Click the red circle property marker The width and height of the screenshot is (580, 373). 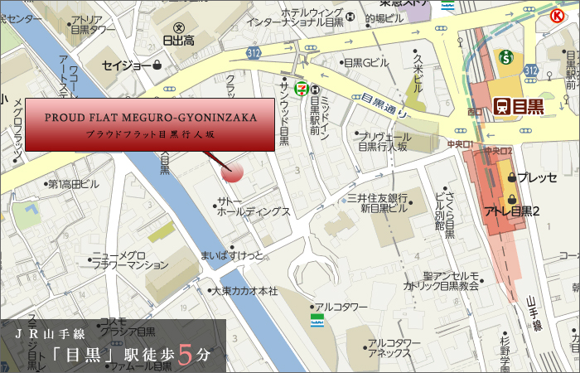tap(233, 172)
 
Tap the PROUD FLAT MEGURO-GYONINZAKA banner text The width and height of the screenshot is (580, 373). tap(151, 118)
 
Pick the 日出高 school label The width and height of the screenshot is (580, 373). tap(178, 39)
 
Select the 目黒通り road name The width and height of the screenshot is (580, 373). tap(382, 104)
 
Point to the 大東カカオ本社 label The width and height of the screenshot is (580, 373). tap(244, 291)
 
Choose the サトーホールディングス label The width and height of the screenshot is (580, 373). tap(253, 206)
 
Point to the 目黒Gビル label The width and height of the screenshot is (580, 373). tap(365, 63)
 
